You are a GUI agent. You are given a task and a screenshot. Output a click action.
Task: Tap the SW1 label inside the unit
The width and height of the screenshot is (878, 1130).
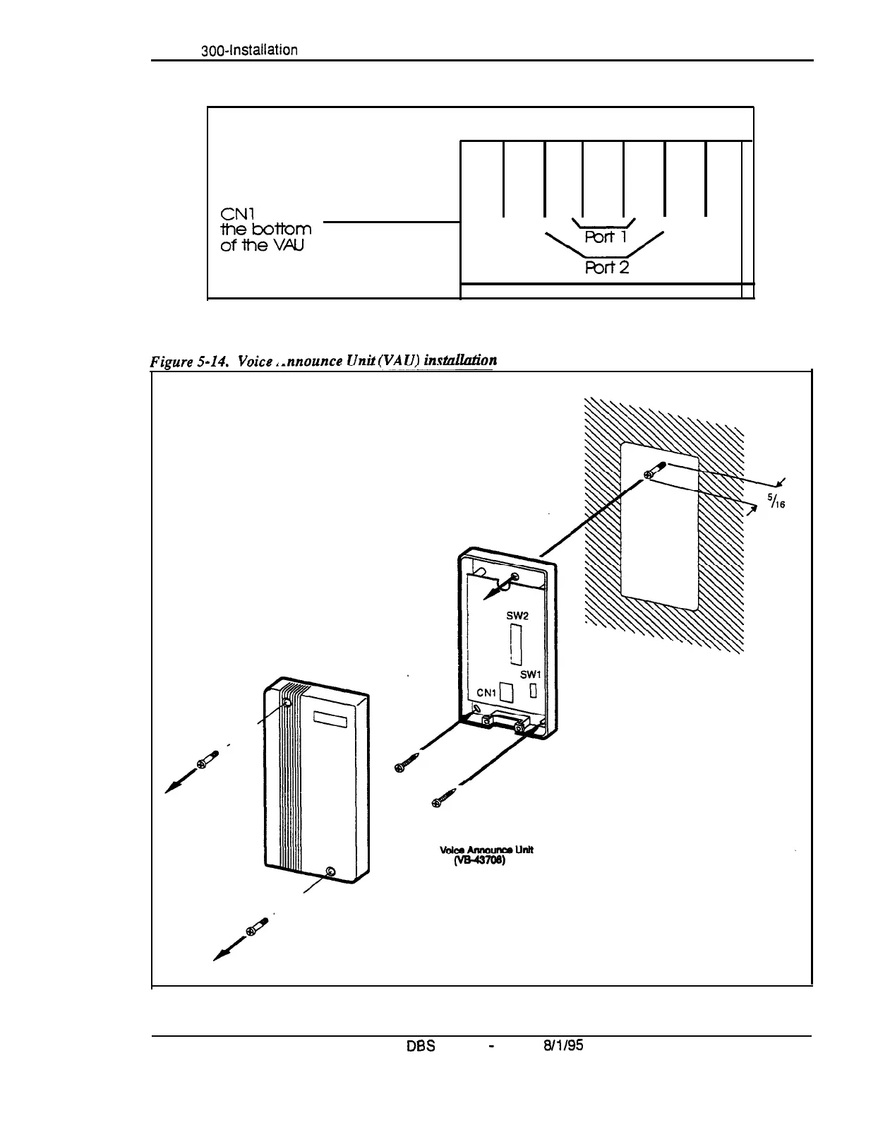tap(530, 675)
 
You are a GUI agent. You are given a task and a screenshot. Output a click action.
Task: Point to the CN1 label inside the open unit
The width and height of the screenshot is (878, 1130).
tap(486, 693)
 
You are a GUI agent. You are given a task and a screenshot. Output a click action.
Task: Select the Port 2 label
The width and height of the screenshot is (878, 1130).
tap(606, 267)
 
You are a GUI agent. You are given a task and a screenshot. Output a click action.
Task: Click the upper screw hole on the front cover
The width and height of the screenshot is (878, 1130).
tap(287, 704)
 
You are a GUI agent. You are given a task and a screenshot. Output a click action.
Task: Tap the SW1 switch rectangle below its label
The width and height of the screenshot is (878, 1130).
tap(533, 690)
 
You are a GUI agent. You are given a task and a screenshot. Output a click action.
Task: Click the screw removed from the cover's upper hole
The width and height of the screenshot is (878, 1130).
tap(205, 762)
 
